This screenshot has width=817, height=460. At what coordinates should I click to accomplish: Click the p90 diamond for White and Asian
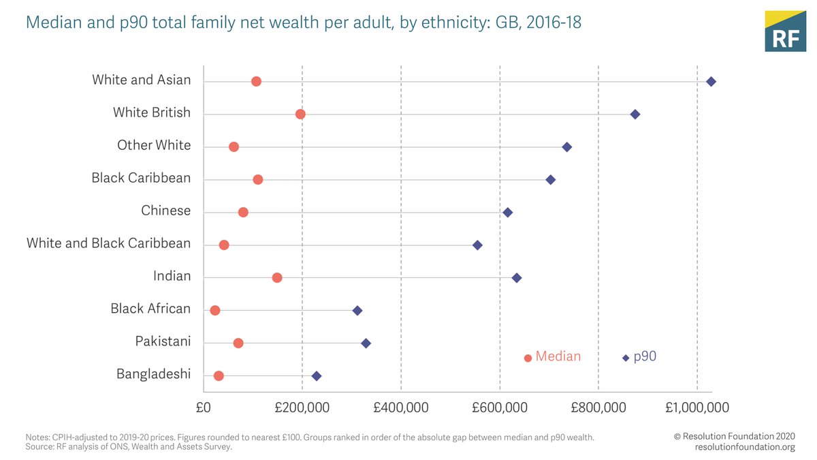coord(711,82)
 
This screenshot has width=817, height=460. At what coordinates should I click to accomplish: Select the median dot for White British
coord(300,114)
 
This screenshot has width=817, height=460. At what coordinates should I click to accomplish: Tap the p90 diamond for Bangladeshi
coord(316,376)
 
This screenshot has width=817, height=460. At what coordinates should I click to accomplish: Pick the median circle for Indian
coord(277,278)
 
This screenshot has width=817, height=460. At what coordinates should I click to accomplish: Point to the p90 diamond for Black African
coord(357,311)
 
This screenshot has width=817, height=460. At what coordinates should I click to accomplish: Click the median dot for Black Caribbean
coord(258,179)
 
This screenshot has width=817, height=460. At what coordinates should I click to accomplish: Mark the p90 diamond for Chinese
coord(507,213)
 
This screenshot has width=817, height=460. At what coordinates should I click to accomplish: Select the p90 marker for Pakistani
coord(366,343)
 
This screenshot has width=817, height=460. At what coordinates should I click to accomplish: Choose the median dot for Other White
coord(234,147)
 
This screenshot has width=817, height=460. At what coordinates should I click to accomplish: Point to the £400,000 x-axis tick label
coord(400,408)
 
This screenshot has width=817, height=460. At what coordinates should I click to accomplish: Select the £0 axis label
coord(203,408)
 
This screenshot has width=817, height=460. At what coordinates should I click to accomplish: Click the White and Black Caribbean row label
coord(108,243)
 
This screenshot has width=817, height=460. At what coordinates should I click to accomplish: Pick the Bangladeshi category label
coord(153,374)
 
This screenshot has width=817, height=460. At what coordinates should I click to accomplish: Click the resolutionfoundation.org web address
coord(745,447)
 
